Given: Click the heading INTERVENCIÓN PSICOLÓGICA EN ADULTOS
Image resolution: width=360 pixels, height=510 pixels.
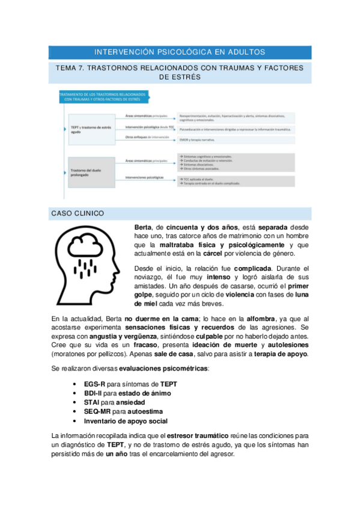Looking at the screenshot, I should click(x=180, y=52).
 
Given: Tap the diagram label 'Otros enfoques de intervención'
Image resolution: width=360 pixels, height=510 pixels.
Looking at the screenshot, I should click(x=146, y=138).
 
